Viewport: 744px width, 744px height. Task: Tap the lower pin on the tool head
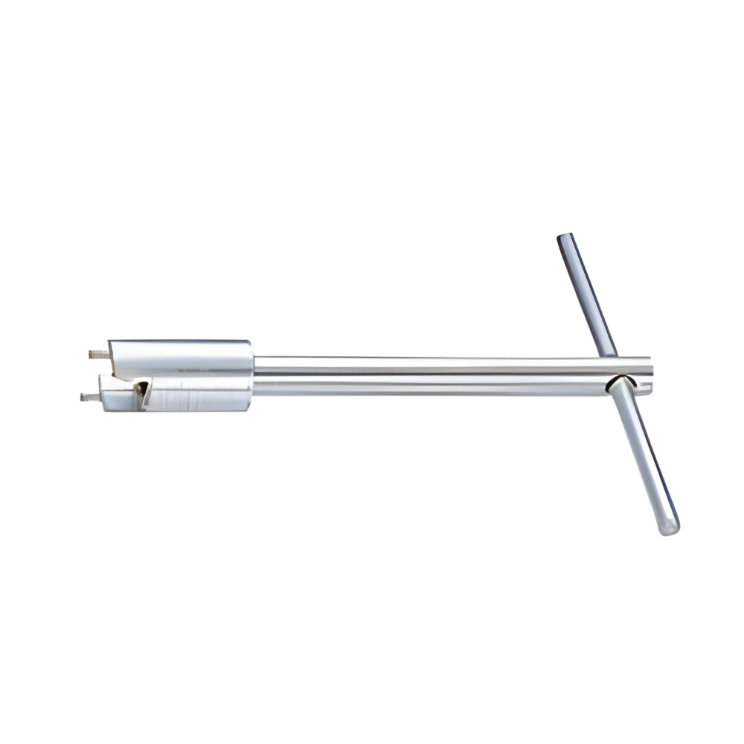point(90,397)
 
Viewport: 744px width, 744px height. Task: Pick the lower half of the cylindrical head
point(197,395)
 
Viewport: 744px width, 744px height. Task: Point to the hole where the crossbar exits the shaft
point(619,383)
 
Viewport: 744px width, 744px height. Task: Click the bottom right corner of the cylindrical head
point(250,408)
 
